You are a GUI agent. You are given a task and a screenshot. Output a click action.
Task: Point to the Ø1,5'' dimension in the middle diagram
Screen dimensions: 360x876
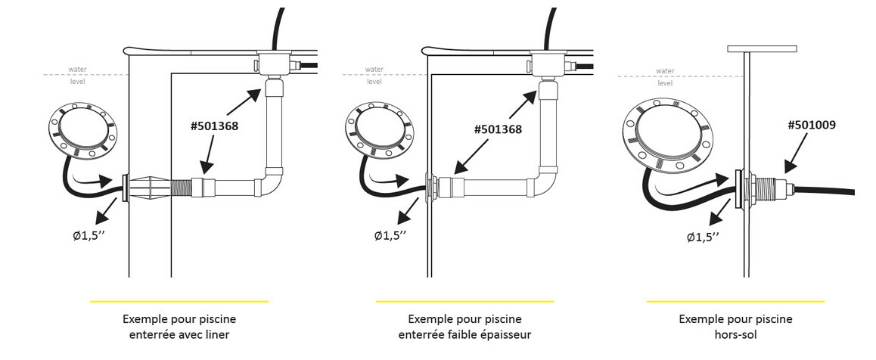click(x=390, y=235)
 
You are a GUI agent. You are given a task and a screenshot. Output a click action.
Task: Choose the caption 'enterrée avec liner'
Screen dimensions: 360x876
click(x=179, y=334)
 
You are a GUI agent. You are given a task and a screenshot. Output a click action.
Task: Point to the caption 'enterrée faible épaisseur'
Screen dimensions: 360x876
click(x=464, y=334)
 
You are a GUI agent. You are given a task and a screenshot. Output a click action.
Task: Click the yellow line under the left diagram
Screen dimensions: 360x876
click(x=179, y=302)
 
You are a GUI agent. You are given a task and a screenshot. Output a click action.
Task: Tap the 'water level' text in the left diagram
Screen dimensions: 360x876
click(x=78, y=75)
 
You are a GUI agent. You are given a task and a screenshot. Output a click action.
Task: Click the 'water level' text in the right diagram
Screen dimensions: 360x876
click(x=665, y=76)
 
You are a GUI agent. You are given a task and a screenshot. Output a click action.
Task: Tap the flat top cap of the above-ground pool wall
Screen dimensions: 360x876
click(x=763, y=49)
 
